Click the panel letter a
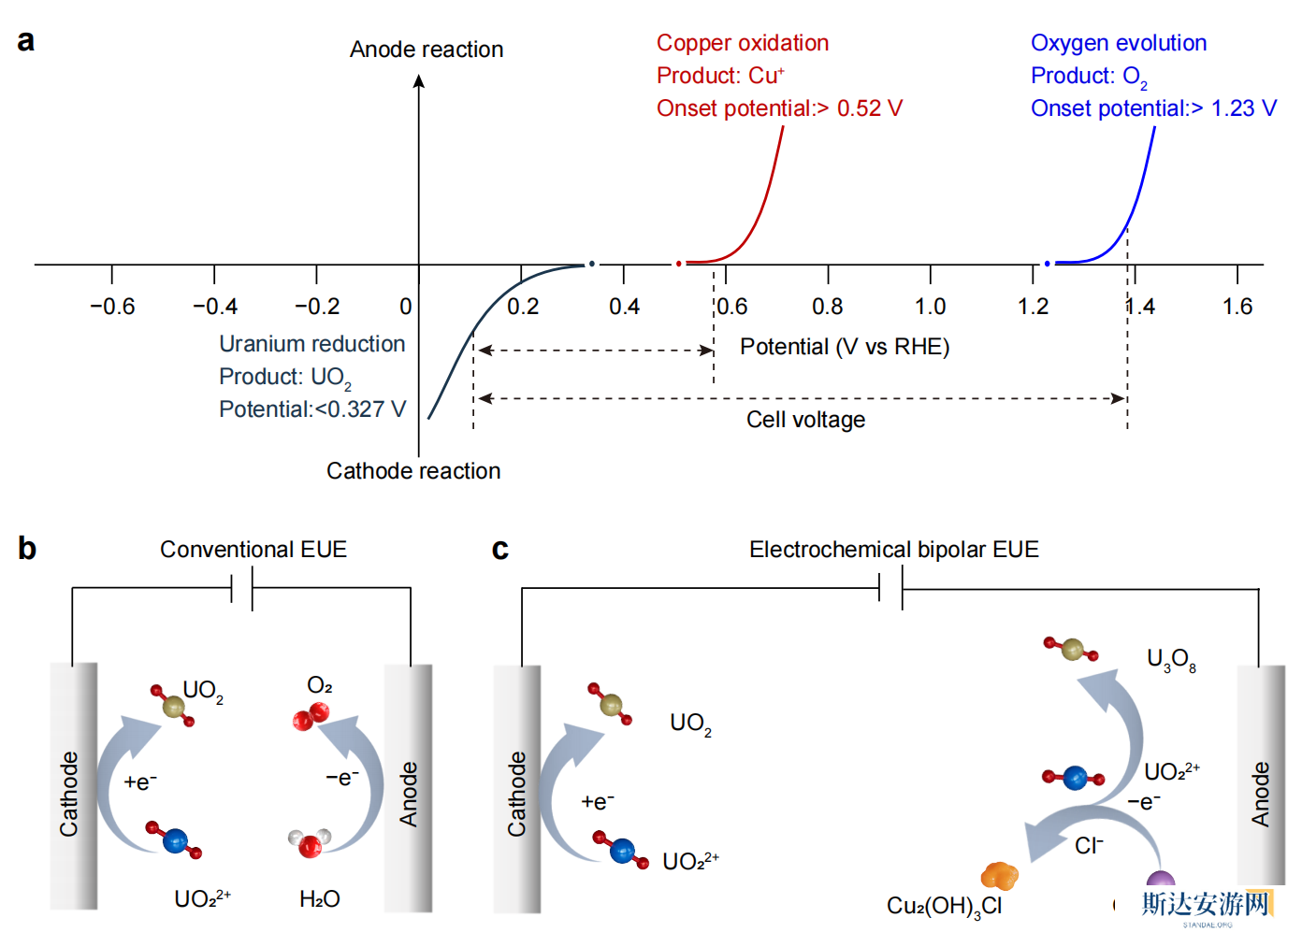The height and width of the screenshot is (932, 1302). pyautogui.click(x=26, y=40)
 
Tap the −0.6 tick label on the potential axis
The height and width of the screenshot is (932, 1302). pyautogui.click(x=112, y=307)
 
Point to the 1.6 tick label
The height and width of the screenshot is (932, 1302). pyautogui.click(x=1237, y=307)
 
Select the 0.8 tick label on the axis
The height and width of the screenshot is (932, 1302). pyautogui.click(x=828, y=307)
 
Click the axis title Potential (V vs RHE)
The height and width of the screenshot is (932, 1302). pyautogui.click(x=845, y=347)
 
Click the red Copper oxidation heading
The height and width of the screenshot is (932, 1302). pyautogui.click(x=743, y=43)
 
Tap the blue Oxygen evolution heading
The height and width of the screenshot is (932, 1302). pyautogui.click(x=1119, y=43)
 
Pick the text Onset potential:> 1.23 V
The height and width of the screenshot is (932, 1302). pyautogui.click(x=1153, y=108)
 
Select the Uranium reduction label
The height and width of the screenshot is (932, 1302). pyautogui.click(x=312, y=344)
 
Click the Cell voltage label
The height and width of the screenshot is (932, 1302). pyautogui.click(x=805, y=420)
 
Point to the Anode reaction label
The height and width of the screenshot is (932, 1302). pyautogui.click(x=427, y=50)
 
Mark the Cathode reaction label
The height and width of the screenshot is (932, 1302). pyautogui.click(x=413, y=471)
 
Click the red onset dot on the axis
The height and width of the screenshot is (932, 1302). pyautogui.click(x=679, y=264)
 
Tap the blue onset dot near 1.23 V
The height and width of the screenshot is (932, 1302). pyautogui.click(x=1048, y=264)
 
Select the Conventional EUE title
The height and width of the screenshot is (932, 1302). pyautogui.click(x=253, y=550)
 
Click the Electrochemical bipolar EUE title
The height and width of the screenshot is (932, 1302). pyautogui.click(x=894, y=550)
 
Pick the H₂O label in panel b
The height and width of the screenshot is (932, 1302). pyautogui.click(x=320, y=899)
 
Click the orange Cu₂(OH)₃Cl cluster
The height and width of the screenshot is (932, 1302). pyautogui.click(x=999, y=876)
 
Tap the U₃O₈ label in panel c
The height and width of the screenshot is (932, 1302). pyautogui.click(x=1171, y=660)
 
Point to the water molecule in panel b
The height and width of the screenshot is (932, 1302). pyautogui.click(x=310, y=842)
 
